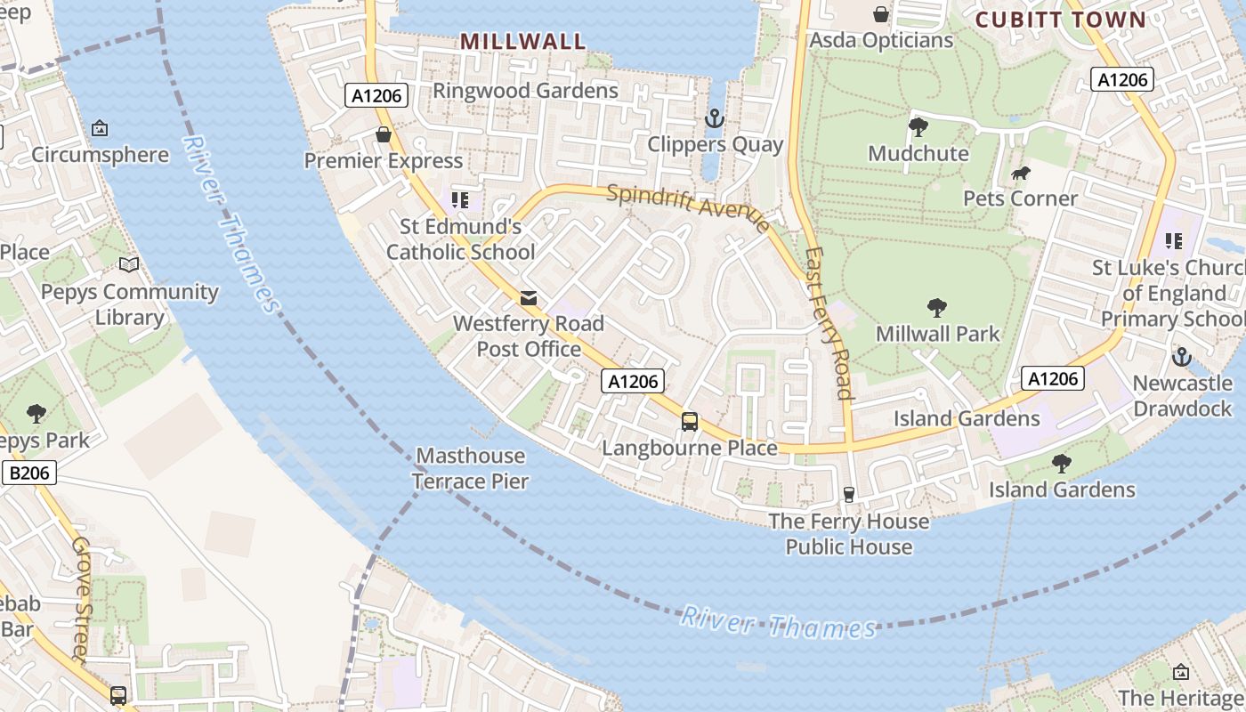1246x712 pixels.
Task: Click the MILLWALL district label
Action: (x=523, y=41)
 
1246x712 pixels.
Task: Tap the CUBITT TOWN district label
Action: (x=1060, y=20)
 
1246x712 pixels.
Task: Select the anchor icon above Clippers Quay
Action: (x=714, y=118)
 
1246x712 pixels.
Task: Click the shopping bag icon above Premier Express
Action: (x=384, y=134)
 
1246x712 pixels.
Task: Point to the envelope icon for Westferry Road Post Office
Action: (x=529, y=297)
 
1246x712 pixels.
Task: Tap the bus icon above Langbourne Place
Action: (x=690, y=421)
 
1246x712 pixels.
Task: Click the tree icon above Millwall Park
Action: (x=936, y=308)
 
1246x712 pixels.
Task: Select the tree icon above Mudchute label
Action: (x=918, y=127)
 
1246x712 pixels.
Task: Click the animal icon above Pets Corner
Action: (x=1021, y=173)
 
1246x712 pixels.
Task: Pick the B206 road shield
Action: (x=29, y=473)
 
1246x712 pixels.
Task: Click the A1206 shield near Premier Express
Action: (x=377, y=95)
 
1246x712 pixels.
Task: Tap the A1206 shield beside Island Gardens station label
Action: (x=1053, y=378)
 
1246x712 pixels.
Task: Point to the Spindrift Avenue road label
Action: (x=688, y=207)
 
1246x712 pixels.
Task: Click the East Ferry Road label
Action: (x=829, y=322)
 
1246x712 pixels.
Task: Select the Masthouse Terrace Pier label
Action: (x=472, y=469)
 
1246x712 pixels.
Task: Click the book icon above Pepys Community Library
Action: (x=129, y=265)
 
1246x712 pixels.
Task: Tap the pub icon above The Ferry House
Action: (x=848, y=494)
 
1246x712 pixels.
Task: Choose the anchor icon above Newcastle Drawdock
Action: (x=1181, y=357)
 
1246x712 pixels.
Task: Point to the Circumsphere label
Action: (x=100, y=155)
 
